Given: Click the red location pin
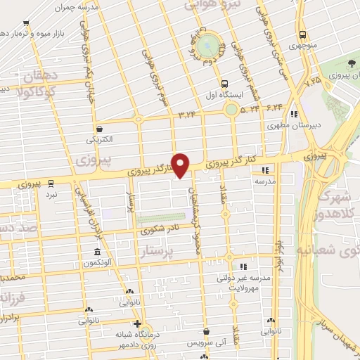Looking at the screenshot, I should tap(181, 165).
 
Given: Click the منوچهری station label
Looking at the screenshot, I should tap(302, 46).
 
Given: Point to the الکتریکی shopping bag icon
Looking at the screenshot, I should tap(99, 128).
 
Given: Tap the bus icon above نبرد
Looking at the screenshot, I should tap(52, 181).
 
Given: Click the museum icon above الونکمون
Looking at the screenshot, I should tap(97, 252).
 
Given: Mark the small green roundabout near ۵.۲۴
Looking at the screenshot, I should tap(231, 109).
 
